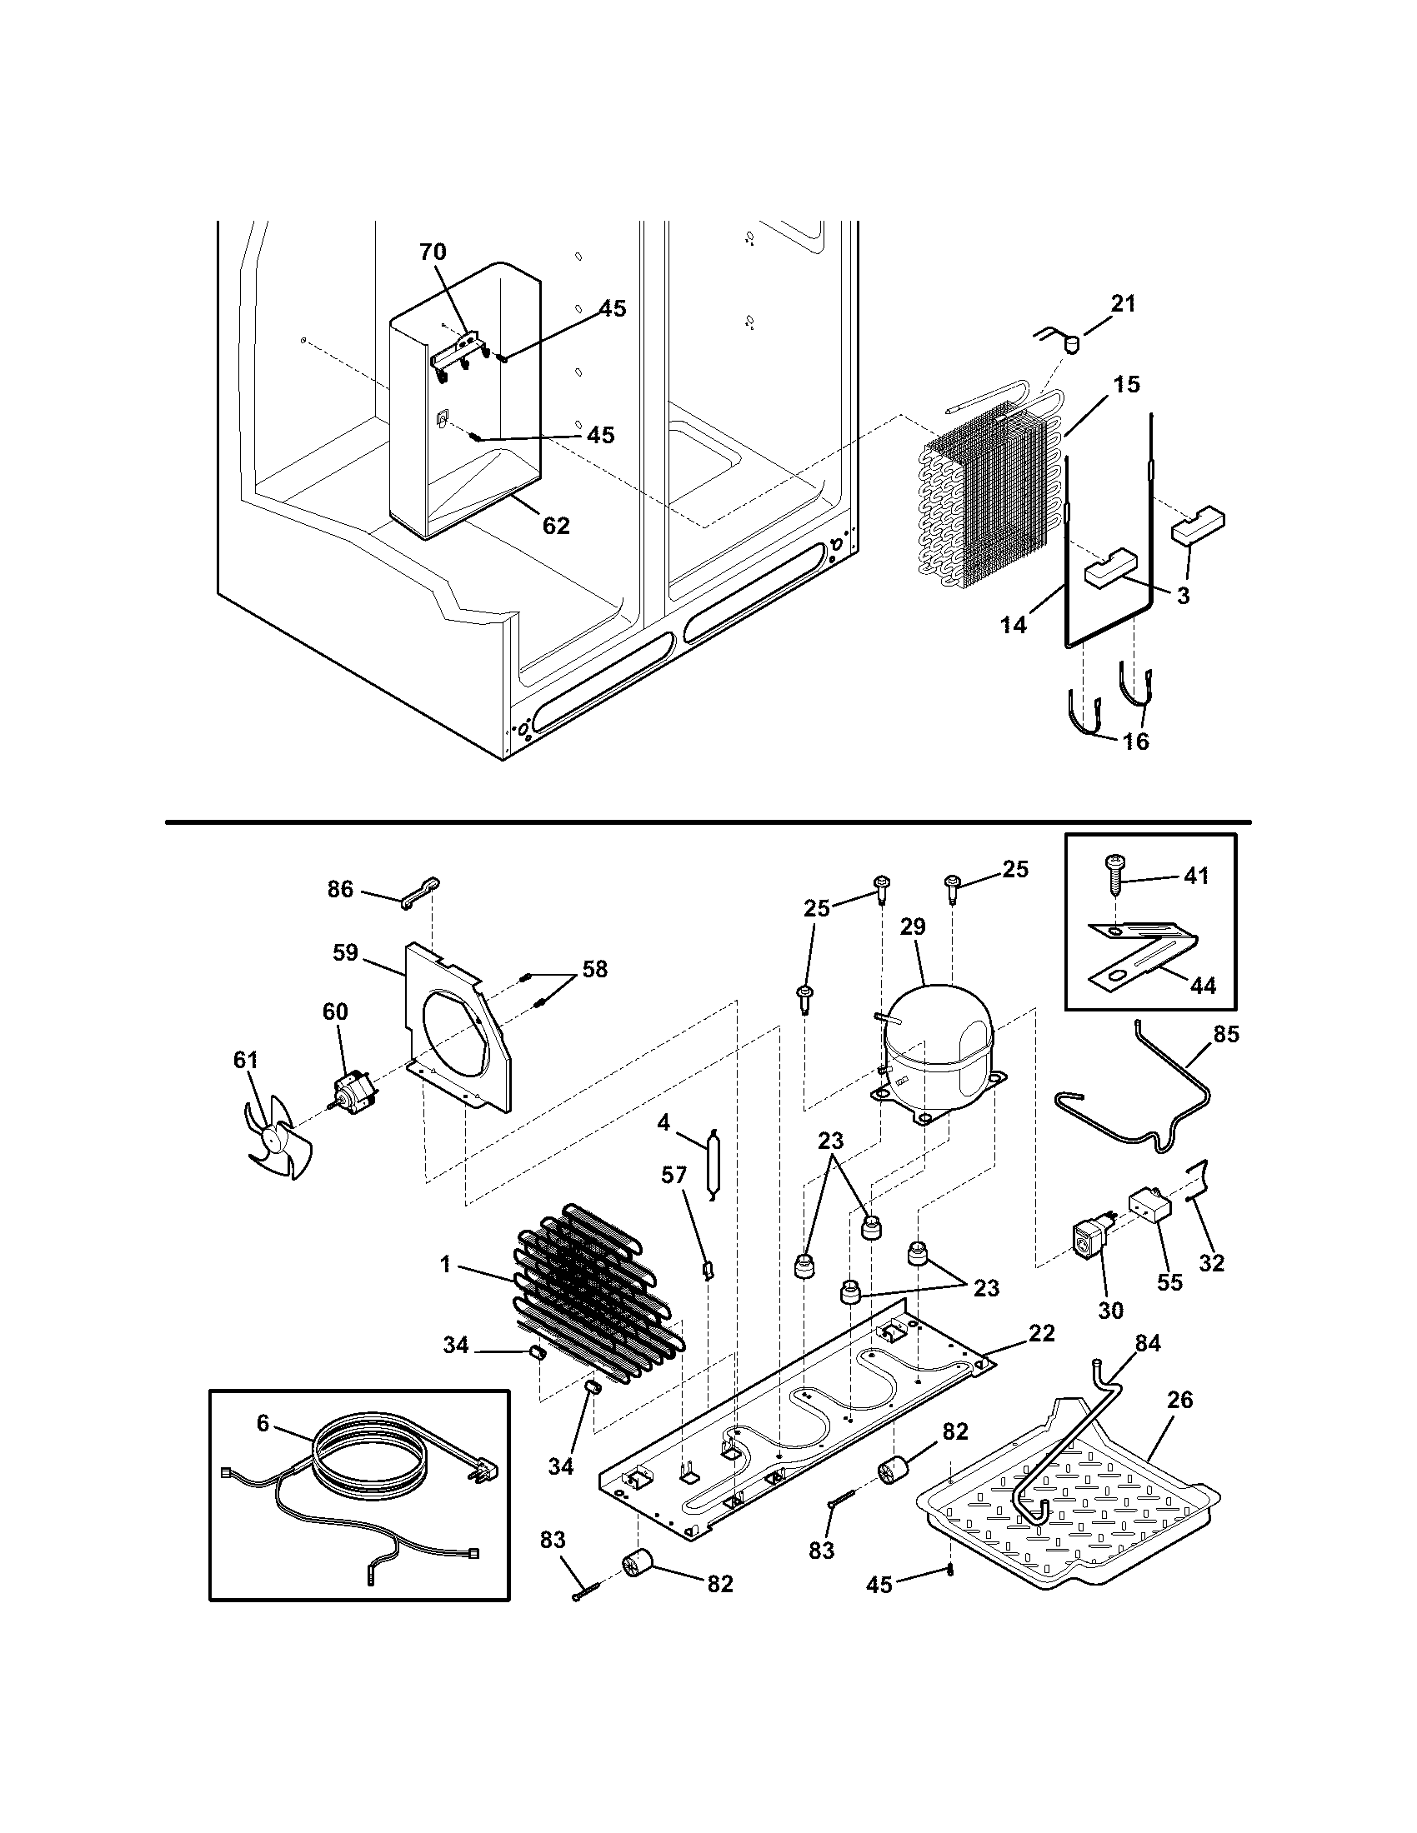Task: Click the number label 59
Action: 345,952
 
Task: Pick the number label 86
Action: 340,889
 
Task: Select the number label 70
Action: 433,252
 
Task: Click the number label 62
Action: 556,526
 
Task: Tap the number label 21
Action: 1123,304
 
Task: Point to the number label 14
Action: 1014,625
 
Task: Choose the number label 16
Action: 1136,742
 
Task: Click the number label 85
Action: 1225,1034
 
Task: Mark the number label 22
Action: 1041,1333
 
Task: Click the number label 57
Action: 673,1175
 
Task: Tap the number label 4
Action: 663,1123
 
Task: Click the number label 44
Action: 1202,986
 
